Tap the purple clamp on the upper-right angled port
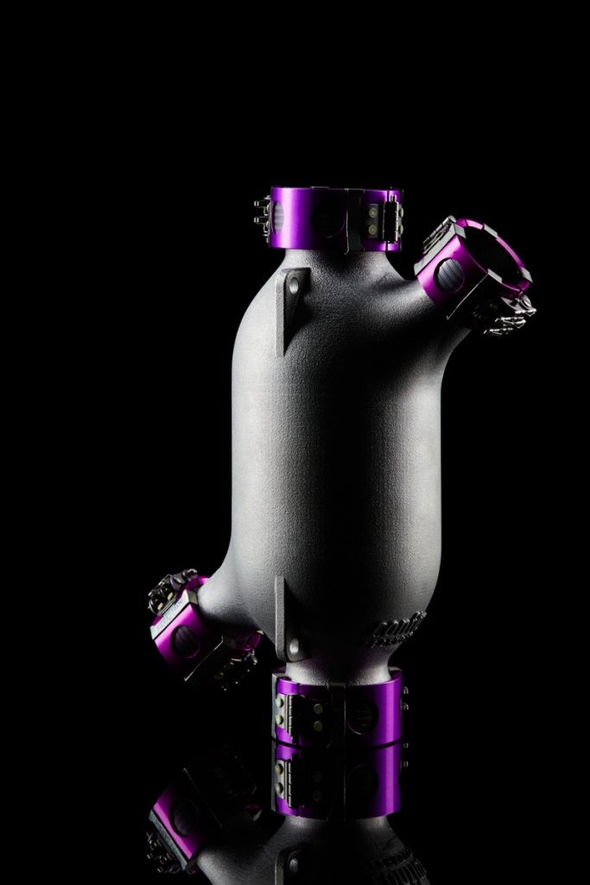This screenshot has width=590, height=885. pyautogui.click(x=471, y=264)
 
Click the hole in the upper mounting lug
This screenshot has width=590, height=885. pyautogui.click(x=295, y=283)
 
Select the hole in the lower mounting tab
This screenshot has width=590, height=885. pyautogui.click(x=295, y=644)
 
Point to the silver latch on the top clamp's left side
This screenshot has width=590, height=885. pyautogui.click(x=262, y=214)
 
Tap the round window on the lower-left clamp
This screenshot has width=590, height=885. pyautogui.click(x=183, y=640)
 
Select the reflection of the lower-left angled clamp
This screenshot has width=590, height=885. pyautogui.click(x=181, y=821)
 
